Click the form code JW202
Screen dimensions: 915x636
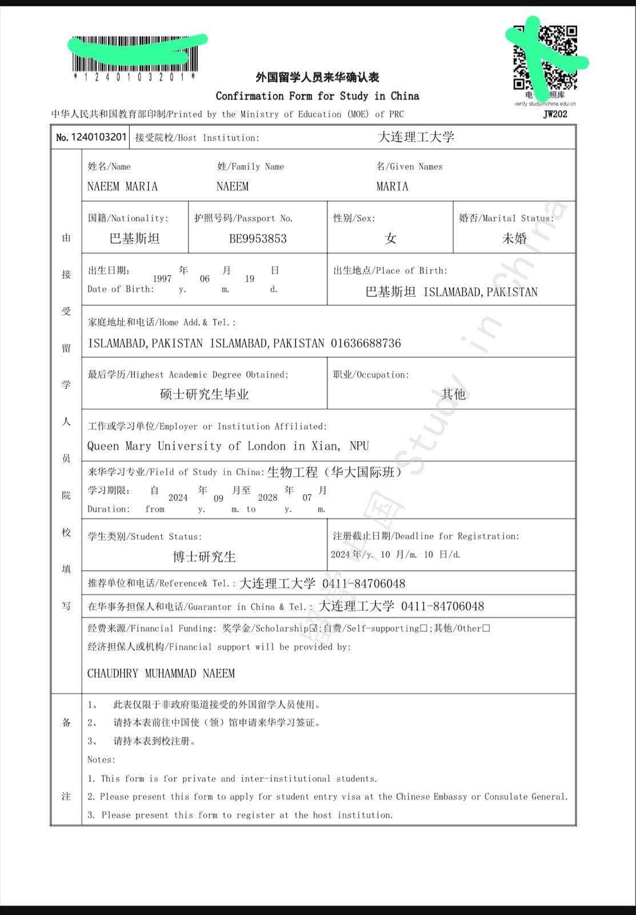[x=555, y=114]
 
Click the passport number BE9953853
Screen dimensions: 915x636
[x=258, y=239]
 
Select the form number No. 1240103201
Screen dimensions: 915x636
[x=91, y=137]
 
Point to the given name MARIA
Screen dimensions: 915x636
[x=392, y=186]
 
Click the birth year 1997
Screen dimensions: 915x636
[x=162, y=279]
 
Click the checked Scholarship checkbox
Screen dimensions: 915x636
[x=313, y=628]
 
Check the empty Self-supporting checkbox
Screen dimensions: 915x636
[x=423, y=628]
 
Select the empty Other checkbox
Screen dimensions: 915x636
[x=486, y=628]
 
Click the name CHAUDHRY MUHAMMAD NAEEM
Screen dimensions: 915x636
[x=161, y=674]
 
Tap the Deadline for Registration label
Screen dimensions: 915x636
[x=426, y=536]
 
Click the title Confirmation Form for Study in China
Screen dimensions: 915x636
[x=317, y=96]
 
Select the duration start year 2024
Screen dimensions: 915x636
[x=178, y=498]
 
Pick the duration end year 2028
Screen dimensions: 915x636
[x=267, y=498]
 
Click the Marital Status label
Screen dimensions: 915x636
[x=506, y=218]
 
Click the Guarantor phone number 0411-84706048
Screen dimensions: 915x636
[x=442, y=606]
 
